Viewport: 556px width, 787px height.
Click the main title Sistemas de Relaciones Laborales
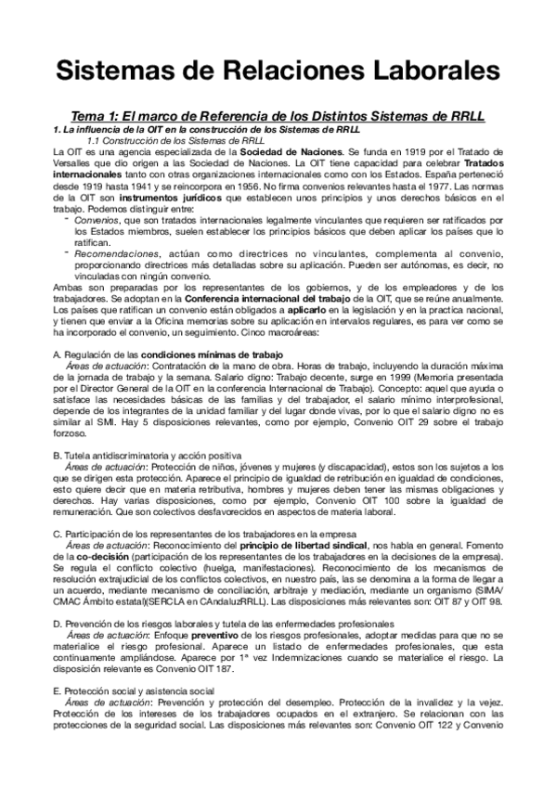[x=278, y=71]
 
